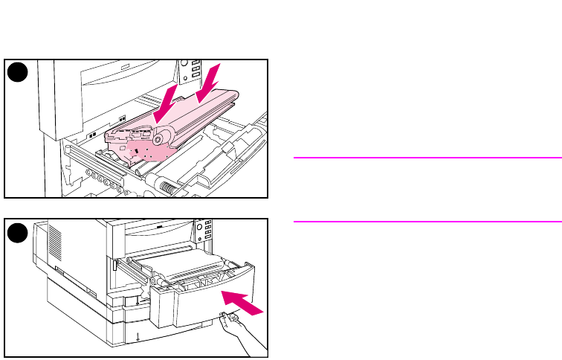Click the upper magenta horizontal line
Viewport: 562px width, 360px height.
tap(427, 158)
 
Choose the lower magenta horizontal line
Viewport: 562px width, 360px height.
tap(427, 221)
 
